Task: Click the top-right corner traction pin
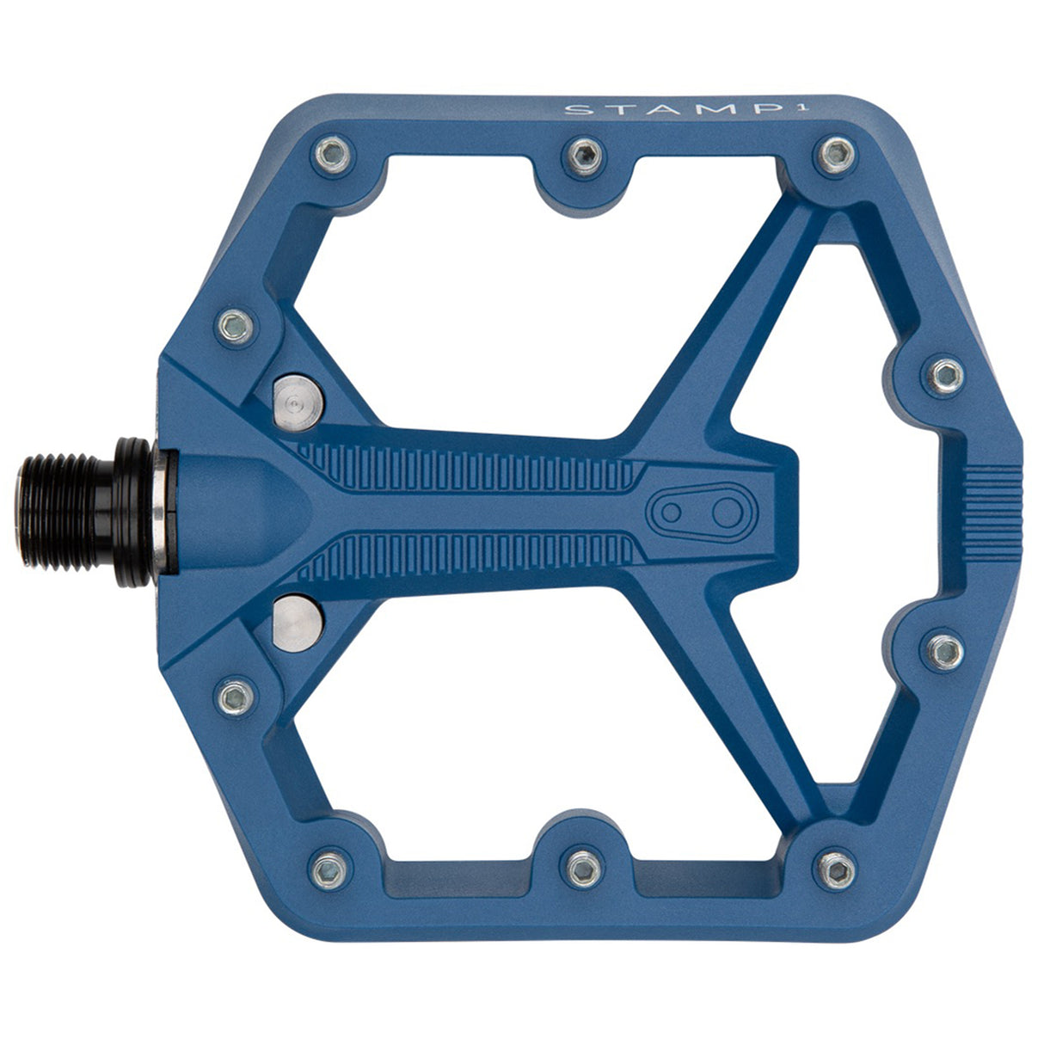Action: coord(832,154)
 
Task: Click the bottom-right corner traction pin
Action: coord(832,865)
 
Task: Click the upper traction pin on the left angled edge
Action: coord(233,324)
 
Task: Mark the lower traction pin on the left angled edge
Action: coord(233,695)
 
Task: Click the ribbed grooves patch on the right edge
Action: coord(992,510)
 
